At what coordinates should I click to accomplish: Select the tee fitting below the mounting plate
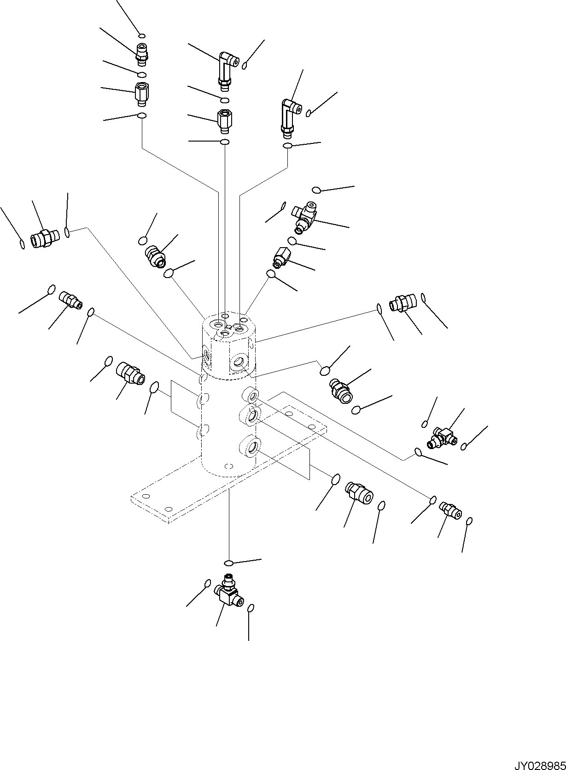coord(227,592)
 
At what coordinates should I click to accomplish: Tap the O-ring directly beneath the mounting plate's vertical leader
coord(229,563)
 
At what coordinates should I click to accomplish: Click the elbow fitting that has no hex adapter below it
coord(289,118)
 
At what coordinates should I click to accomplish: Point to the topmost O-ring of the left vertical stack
coord(142,36)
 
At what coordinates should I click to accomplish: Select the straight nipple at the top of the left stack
coord(142,53)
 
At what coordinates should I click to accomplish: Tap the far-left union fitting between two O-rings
coord(44,238)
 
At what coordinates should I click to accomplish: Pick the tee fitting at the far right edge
coord(442,437)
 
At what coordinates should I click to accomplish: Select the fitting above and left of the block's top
coord(155,256)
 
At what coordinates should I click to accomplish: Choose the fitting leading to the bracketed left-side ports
coord(131,372)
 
